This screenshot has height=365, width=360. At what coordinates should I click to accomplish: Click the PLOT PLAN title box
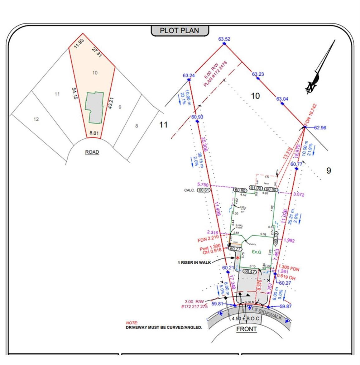(x=180, y=31)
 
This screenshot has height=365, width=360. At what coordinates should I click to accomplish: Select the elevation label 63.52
(x=224, y=39)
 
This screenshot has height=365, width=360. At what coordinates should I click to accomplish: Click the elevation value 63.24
(x=189, y=75)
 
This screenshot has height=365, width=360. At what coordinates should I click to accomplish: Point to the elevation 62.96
(x=320, y=127)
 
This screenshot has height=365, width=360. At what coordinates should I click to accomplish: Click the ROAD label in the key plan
(x=92, y=152)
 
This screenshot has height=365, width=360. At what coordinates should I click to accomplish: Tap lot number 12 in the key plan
(x=36, y=119)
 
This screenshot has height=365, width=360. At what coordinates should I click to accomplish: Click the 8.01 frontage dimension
(x=94, y=133)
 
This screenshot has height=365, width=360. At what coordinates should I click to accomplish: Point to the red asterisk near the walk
(x=238, y=258)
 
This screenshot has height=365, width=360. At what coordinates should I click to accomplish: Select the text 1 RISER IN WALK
(x=194, y=262)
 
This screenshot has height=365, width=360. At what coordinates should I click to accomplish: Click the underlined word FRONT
(x=246, y=329)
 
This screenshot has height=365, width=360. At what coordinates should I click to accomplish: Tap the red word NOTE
(x=132, y=323)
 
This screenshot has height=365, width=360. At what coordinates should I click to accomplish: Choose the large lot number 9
(x=329, y=171)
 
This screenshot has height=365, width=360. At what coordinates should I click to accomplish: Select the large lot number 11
(x=163, y=125)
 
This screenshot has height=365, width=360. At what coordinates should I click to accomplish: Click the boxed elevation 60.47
(x=250, y=271)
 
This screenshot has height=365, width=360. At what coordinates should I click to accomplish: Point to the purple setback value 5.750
(x=203, y=185)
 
